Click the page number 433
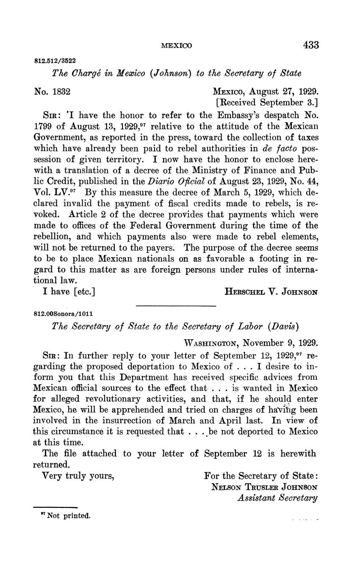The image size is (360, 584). coord(311,45)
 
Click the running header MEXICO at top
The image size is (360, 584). coord(177,46)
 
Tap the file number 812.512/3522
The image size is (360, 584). coord(55,61)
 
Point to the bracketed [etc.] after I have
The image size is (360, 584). coord(84,291)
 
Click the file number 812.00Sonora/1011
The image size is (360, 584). coord(63,314)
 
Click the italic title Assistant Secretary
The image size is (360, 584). coord(277,498)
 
